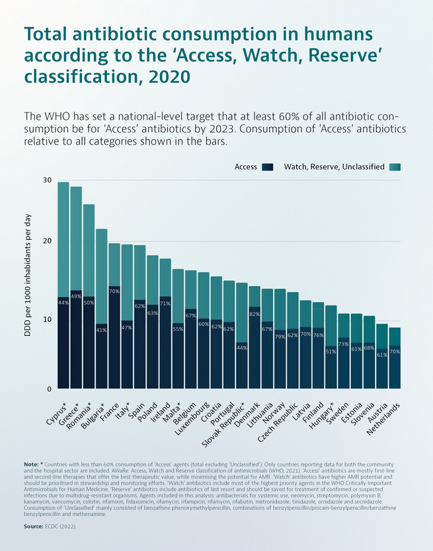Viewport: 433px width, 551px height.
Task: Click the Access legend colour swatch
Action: click(x=268, y=167)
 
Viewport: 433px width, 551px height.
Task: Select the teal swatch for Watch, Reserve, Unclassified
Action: click(x=395, y=167)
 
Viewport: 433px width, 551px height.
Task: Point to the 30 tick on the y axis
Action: click(x=47, y=180)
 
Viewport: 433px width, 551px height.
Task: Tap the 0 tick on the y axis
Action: click(x=49, y=388)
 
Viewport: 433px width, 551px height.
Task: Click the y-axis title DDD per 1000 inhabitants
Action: click(x=28, y=275)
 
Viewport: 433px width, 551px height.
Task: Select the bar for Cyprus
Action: click(x=63, y=285)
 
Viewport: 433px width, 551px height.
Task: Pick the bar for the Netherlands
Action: click(x=395, y=357)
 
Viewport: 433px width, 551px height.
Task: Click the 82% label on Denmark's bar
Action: click(x=255, y=314)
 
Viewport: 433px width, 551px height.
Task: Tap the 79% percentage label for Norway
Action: click(x=280, y=337)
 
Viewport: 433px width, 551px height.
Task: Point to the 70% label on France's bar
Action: click(x=114, y=291)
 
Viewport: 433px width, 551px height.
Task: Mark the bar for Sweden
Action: click(x=344, y=351)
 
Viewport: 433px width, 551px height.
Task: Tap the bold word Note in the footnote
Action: click(x=30, y=465)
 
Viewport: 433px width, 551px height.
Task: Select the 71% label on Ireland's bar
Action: click(x=165, y=303)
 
